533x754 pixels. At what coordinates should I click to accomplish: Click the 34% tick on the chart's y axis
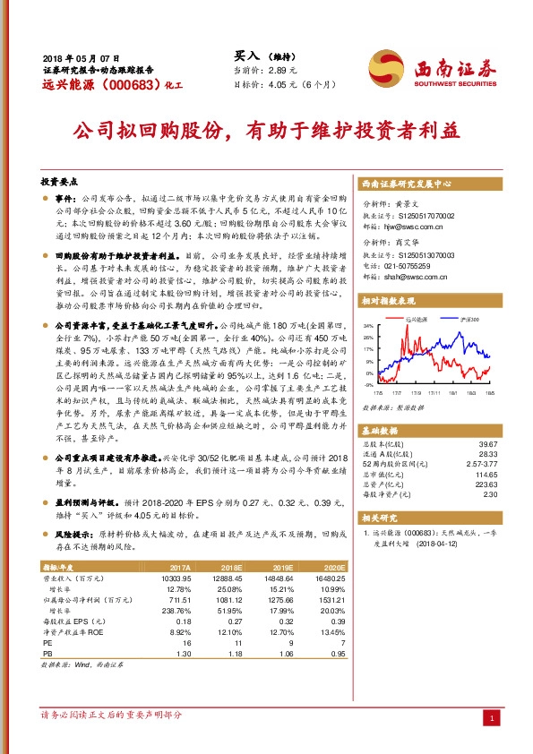pyautogui.click(x=368, y=326)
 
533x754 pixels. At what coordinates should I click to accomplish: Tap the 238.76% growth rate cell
pyautogui.click(x=175, y=611)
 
